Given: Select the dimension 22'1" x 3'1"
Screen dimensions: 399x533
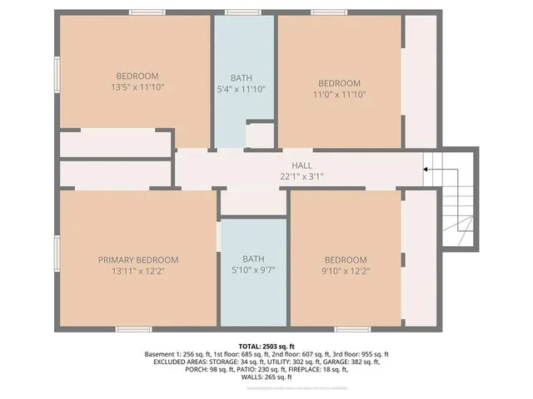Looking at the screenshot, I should [x=301, y=175].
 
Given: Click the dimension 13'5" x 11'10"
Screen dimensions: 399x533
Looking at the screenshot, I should [x=137, y=86].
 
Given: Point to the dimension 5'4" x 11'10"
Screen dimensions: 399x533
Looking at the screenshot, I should [x=242, y=89].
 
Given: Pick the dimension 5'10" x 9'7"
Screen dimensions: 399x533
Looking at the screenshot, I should [x=253, y=270].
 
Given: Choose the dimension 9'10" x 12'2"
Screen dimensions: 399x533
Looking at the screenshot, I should [x=345, y=270].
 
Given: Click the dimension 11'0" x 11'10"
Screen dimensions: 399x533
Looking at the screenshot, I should [x=339, y=94].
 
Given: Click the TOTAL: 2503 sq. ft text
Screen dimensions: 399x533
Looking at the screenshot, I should [x=266, y=345].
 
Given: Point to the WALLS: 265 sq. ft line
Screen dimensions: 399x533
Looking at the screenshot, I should [x=266, y=378].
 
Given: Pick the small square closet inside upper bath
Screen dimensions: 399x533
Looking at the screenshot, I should [x=260, y=135].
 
